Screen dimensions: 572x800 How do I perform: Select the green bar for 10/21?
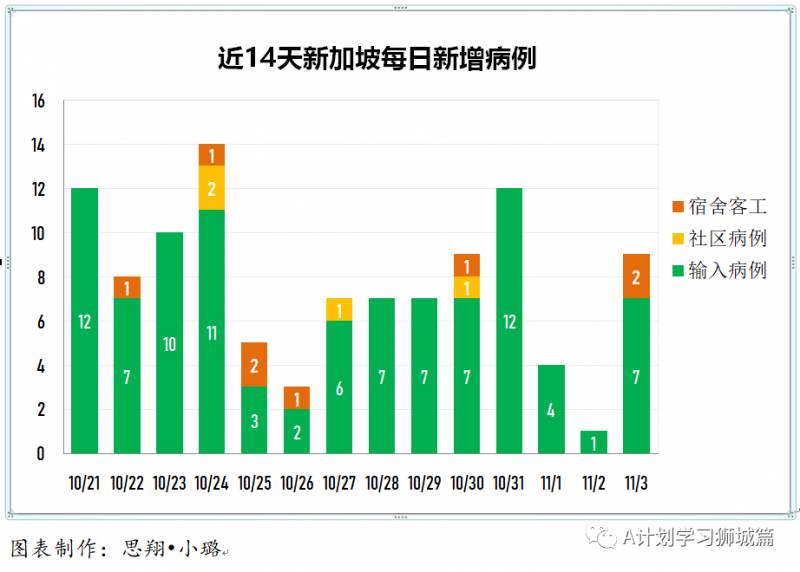pos(85,320)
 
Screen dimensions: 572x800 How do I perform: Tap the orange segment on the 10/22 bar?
pos(127,287)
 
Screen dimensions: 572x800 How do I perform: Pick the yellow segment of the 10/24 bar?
pos(212,188)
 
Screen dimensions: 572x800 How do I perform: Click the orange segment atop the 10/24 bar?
pos(212,155)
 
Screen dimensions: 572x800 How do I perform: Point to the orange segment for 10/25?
pos(254,364)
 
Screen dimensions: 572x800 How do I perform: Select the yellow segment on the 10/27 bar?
pos(339,309)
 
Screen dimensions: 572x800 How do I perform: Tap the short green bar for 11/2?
pos(594,441)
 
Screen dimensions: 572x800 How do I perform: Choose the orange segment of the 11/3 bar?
pos(636,276)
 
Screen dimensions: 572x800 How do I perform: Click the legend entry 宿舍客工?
pos(719,207)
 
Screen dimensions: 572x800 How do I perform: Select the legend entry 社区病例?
pos(719,238)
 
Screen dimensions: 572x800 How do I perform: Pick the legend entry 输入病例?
pos(719,270)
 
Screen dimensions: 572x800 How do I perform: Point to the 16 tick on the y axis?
pos(39,102)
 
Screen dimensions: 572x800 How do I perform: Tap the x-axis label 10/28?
pos(382,484)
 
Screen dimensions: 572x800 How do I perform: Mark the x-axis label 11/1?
pos(552,484)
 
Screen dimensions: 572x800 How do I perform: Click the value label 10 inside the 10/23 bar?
pos(169,344)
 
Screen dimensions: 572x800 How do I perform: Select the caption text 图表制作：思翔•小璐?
pos(117,548)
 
